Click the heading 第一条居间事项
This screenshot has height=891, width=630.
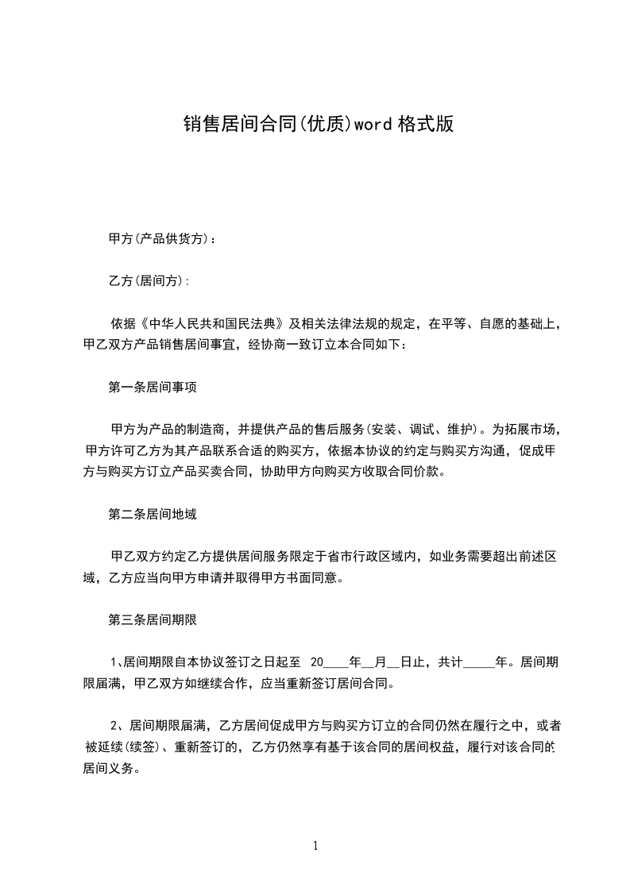click(152, 388)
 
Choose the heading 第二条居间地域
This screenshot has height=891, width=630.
click(152, 514)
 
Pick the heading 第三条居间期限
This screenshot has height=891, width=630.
click(152, 619)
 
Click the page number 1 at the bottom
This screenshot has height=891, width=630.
click(315, 846)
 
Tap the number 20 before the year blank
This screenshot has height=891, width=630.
click(317, 661)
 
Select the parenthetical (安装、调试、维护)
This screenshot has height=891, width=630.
click(421, 430)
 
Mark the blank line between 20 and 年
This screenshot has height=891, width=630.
click(337, 661)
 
